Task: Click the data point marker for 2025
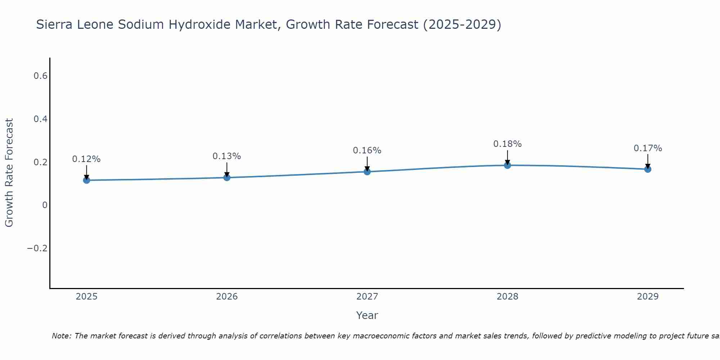tap(86, 180)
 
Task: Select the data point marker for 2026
tap(227, 177)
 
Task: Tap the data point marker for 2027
tap(367, 171)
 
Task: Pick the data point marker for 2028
tap(507, 165)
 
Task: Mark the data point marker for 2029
tap(648, 169)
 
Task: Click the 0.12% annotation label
tap(86, 159)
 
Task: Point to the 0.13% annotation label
tap(227, 156)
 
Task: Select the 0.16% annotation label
tap(367, 150)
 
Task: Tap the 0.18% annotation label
tap(507, 144)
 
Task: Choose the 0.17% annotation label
tap(648, 148)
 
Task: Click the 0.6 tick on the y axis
tap(41, 76)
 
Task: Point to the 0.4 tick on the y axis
tap(41, 119)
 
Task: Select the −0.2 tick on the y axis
tap(37, 248)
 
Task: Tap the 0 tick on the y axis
tap(45, 205)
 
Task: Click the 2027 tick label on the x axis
tap(367, 297)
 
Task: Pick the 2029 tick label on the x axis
tap(648, 297)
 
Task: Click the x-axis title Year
tap(367, 315)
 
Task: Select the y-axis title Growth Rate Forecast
tap(9, 173)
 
